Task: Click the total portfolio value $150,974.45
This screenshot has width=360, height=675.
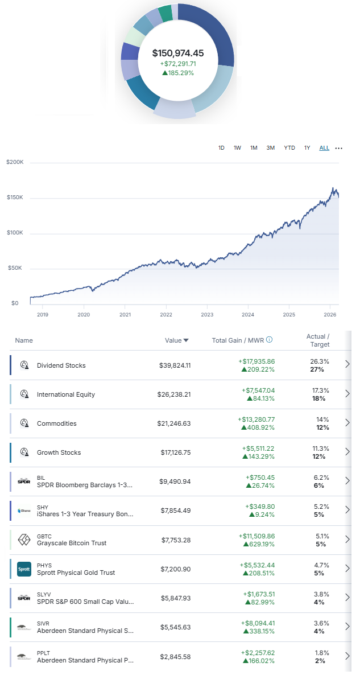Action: pyautogui.click(x=177, y=53)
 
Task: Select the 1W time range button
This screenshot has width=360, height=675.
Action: pyautogui.click(x=237, y=148)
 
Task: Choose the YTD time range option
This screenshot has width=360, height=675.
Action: pyautogui.click(x=289, y=148)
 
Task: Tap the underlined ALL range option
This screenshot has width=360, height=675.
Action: pyautogui.click(x=324, y=148)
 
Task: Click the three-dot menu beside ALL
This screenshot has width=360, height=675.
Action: pyautogui.click(x=339, y=149)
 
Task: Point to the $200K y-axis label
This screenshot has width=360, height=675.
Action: pyautogui.click(x=15, y=162)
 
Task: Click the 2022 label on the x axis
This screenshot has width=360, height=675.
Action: pyautogui.click(x=166, y=314)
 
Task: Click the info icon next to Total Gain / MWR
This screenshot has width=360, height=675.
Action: pyautogui.click(x=270, y=340)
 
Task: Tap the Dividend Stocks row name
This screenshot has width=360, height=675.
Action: pyautogui.click(x=61, y=365)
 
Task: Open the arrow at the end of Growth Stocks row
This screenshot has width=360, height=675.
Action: pyautogui.click(x=347, y=452)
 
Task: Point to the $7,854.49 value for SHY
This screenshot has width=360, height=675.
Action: pyautogui.click(x=176, y=511)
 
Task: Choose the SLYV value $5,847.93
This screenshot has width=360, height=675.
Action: pyautogui.click(x=176, y=598)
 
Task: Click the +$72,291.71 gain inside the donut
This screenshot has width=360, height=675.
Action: pyautogui.click(x=178, y=64)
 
